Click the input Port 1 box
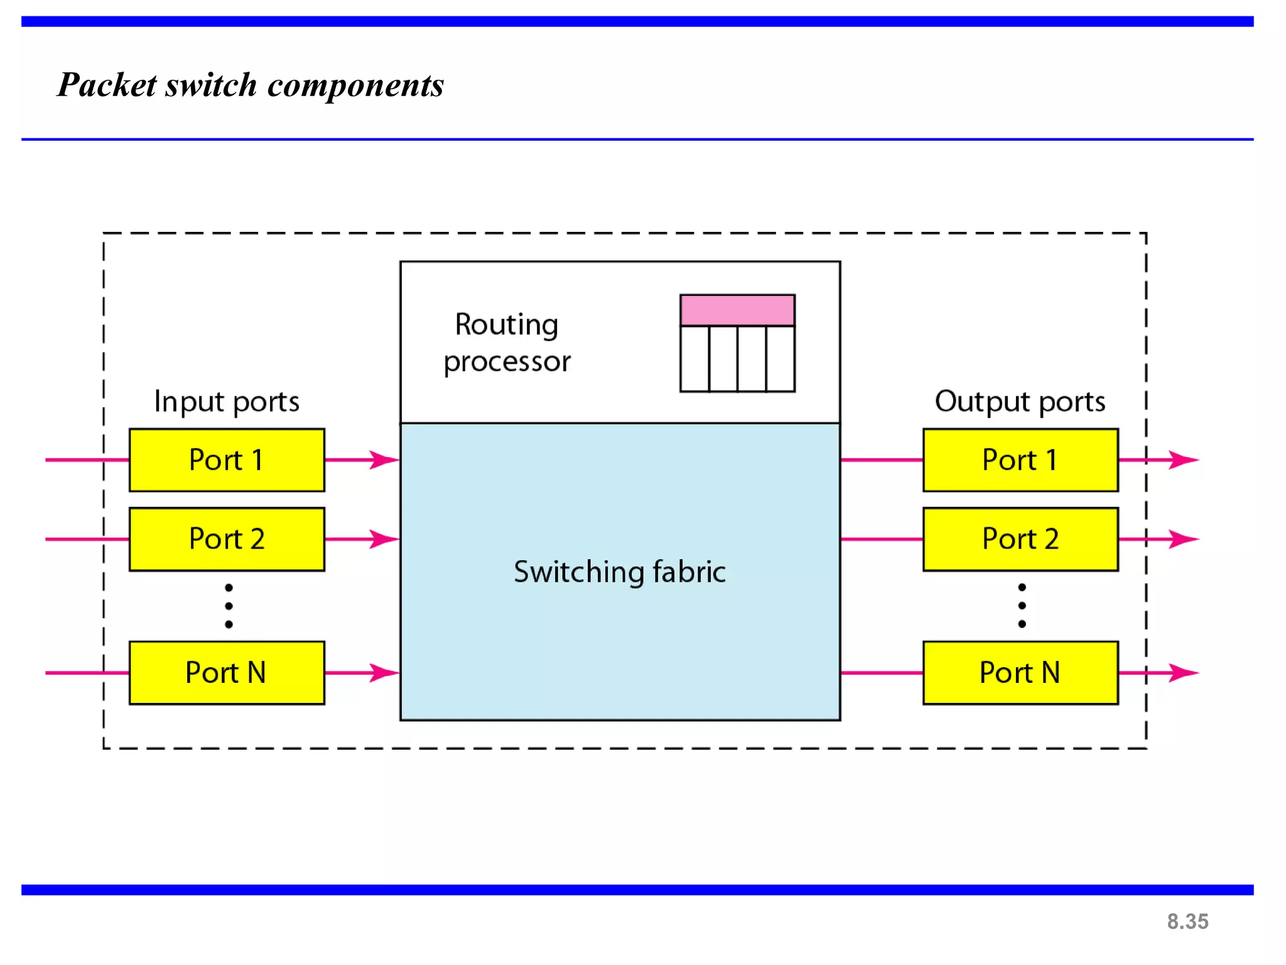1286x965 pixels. [x=227, y=460]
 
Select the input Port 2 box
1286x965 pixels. [x=227, y=539]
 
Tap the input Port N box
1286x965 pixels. [x=227, y=673]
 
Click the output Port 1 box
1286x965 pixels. [x=1020, y=460]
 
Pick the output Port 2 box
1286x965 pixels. [x=1020, y=539]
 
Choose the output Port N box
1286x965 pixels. [x=1020, y=673]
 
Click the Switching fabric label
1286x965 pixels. [x=620, y=572]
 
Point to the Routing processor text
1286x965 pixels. [x=507, y=343]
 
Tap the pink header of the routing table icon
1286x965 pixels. [x=737, y=310]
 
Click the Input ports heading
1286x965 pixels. [x=227, y=401]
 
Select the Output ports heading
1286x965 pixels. [x=1020, y=401]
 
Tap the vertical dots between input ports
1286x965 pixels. [x=229, y=606]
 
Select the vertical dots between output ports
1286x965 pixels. [x=1022, y=606]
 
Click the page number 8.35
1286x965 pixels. [x=1187, y=922]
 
